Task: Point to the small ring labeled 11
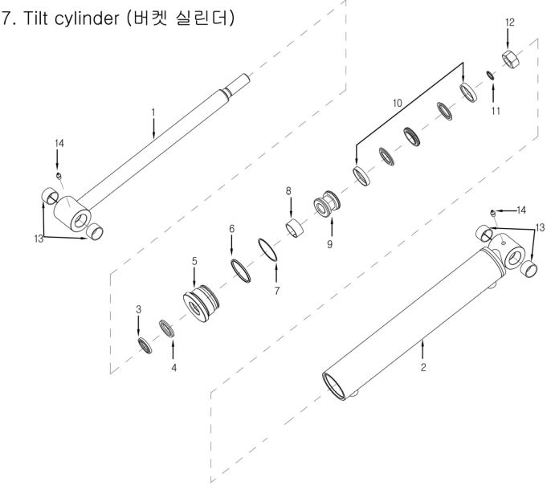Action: [x=490, y=76]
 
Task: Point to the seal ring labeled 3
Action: [x=144, y=345]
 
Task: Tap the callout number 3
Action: [x=138, y=309]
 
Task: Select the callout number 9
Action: [x=329, y=244]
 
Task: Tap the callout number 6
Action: [x=231, y=230]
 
